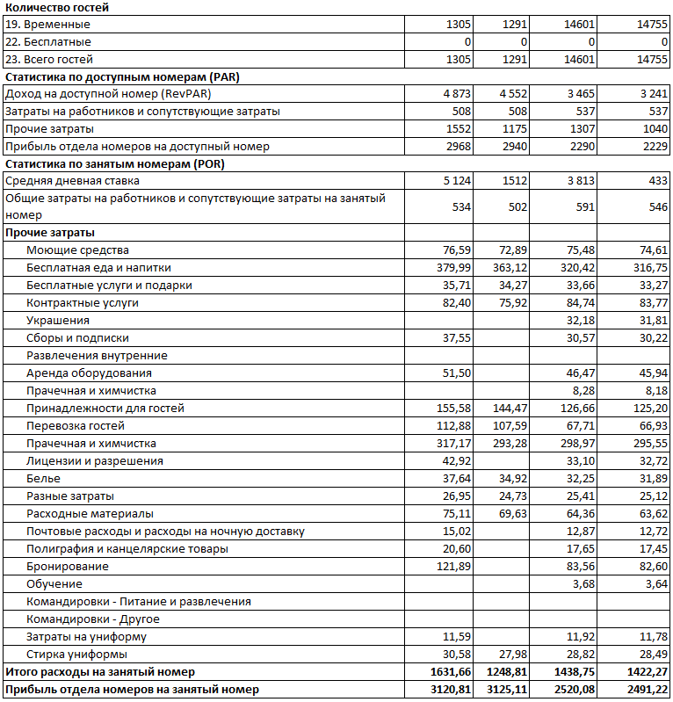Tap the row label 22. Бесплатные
[x=48, y=42]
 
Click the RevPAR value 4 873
[x=454, y=94]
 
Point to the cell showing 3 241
[x=650, y=94]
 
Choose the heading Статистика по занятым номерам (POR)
[x=122, y=164]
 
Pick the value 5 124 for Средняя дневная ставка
[x=454, y=181]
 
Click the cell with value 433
[x=657, y=181]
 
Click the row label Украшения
[x=58, y=321]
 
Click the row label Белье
[x=43, y=479]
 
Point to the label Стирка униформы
[x=76, y=655]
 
